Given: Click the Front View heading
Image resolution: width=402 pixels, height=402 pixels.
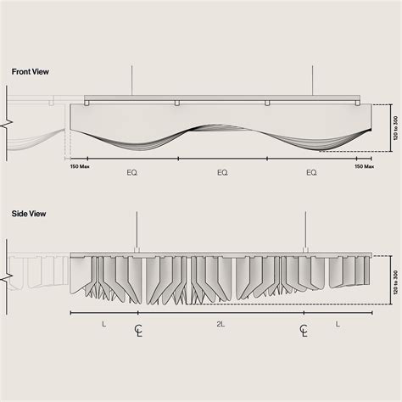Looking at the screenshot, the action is tap(31, 72).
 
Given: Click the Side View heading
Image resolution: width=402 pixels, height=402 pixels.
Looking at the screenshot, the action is tap(29, 214).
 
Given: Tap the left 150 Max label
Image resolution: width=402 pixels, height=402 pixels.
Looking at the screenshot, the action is tap(80, 166).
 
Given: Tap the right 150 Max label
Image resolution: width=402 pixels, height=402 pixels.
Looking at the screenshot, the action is tap(365, 166).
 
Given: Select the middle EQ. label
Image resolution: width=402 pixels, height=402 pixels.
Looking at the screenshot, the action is tap(222, 172).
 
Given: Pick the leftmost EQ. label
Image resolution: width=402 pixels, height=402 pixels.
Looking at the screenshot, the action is tap(132, 172).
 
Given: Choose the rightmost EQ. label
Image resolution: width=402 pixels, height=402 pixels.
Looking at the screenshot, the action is tap(311, 172).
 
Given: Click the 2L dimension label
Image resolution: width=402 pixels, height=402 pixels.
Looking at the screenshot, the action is tap(221, 324).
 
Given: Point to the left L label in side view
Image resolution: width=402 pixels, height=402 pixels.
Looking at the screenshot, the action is tap(104, 324).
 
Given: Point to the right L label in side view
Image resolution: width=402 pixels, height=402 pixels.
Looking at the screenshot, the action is tap(338, 324).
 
